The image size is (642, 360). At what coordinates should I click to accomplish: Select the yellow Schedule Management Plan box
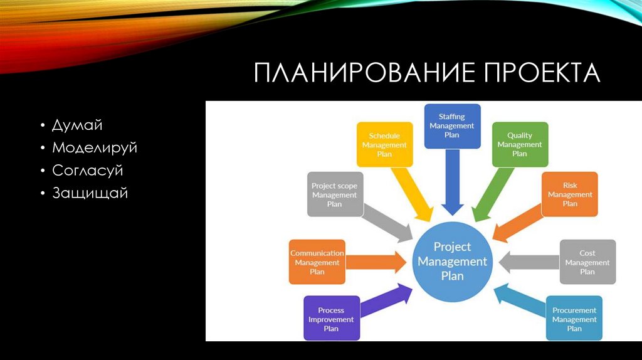(384, 144)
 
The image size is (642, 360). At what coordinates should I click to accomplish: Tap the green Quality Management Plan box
(520, 144)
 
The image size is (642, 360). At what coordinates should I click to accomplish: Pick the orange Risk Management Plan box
(570, 194)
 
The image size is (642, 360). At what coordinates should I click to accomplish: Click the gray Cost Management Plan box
(587, 262)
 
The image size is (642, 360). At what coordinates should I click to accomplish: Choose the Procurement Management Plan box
(574, 319)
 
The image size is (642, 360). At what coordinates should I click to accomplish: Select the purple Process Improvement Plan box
(331, 319)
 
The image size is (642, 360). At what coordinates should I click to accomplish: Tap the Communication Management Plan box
(317, 262)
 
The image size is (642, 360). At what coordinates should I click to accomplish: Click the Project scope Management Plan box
(335, 194)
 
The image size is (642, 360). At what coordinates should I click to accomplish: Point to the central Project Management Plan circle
(452, 261)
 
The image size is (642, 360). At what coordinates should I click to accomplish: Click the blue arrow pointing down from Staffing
(452, 182)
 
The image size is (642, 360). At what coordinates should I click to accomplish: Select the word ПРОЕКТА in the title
(542, 73)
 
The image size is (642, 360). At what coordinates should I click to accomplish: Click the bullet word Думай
(77, 125)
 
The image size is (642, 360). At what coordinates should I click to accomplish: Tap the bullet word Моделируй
(95, 148)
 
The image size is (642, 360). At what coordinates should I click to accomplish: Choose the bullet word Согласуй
(88, 171)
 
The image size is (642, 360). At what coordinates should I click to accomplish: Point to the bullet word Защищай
(90, 193)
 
